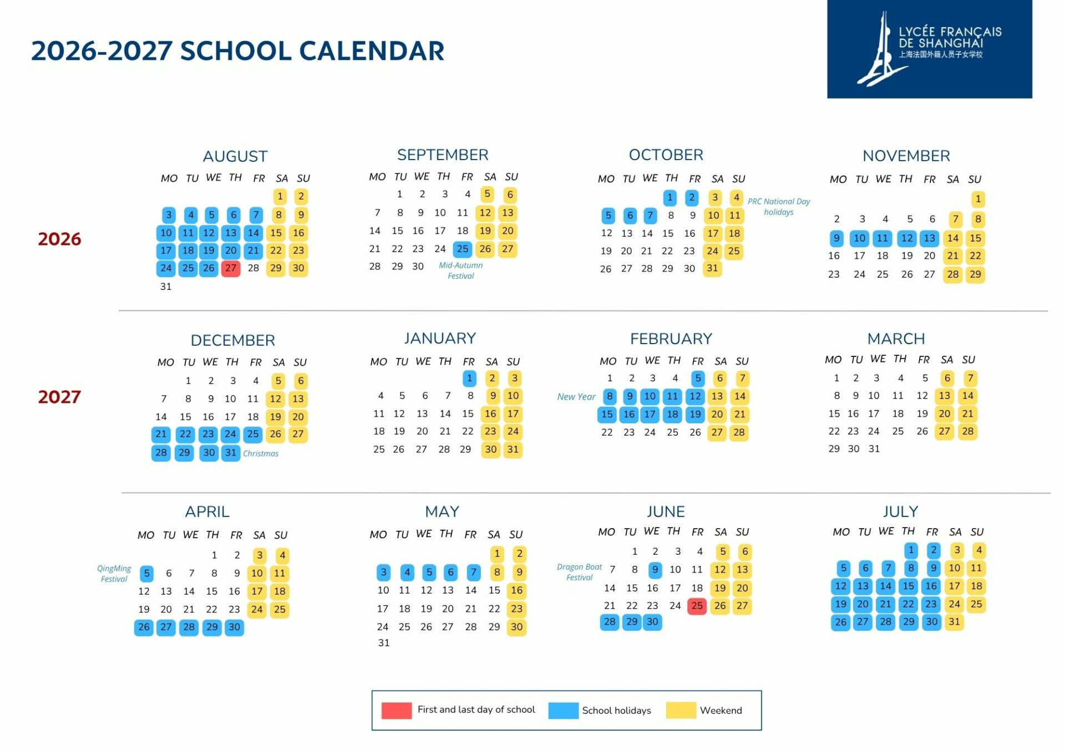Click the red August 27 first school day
point(231,269)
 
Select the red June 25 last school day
point(697,606)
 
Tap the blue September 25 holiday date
point(463,249)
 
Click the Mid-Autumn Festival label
point(460,270)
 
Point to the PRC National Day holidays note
point(779,207)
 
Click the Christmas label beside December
point(261,453)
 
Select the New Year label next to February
point(576,397)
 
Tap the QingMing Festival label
point(114,574)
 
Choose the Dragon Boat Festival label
point(579,572)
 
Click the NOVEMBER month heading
point(906,156)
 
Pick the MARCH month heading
point(896,339)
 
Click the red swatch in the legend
point(397,710)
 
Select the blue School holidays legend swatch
point(563,710)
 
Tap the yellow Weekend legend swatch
point(681,710)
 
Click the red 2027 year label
point(59,397)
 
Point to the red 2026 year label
point(59,239)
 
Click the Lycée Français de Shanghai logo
point(929,49)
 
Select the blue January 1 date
point(469,378)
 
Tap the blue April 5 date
point(146,574)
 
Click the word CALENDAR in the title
point(372,51)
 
